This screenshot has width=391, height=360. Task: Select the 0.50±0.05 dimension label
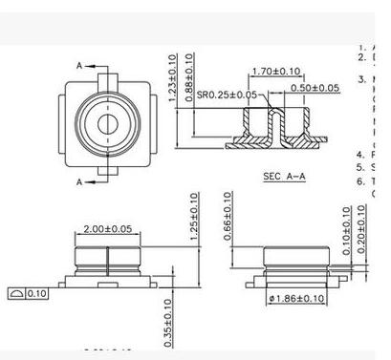point(315,88)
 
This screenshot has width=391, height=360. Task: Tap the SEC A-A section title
point(282,176)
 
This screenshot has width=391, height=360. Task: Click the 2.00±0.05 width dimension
point(107,230)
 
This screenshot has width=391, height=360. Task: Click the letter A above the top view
point(78,65)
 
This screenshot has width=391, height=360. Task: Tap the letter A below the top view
point(78,181)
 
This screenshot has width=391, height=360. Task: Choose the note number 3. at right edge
point(361,78)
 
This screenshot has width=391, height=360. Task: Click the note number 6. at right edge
point(360,180)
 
